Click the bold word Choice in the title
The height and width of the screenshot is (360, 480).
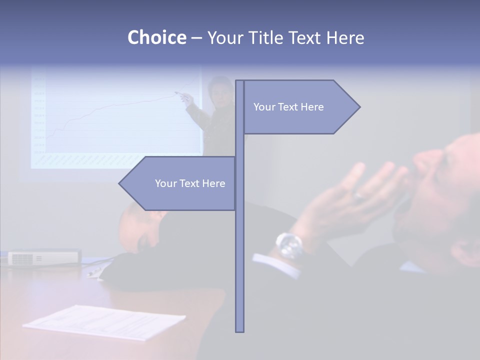click(156, 37)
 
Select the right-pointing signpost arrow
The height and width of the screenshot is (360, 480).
click(300, 106)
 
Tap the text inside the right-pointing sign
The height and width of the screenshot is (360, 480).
click(288, 106)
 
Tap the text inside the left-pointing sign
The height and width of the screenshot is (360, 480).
click(190, 183)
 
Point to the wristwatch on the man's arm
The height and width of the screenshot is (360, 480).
click(289, 245)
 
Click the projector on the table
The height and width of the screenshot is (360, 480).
click(44, 257)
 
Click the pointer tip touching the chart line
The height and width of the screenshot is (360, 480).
click(176, 92)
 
